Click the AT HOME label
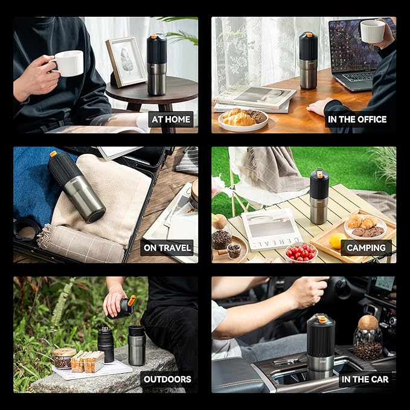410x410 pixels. pyautogui.click(x=171, y=120)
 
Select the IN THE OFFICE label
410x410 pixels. pyautogui.click(x=357, y=120)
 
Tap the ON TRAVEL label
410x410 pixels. pyautogui.click(x=167, y=248)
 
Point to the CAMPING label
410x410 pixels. pyautogui.click(x=366, y=248)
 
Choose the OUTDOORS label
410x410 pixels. pyautogui.click(x=167, y=379)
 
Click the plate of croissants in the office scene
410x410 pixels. pyautogui.click(x=243, y=119)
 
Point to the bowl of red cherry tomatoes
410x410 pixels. pyautogui.click(x=301, y=252)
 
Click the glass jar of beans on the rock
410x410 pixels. pyautogui.click(x=63, y=358)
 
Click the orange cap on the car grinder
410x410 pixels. pyautogui.click(x=322, y=318)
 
